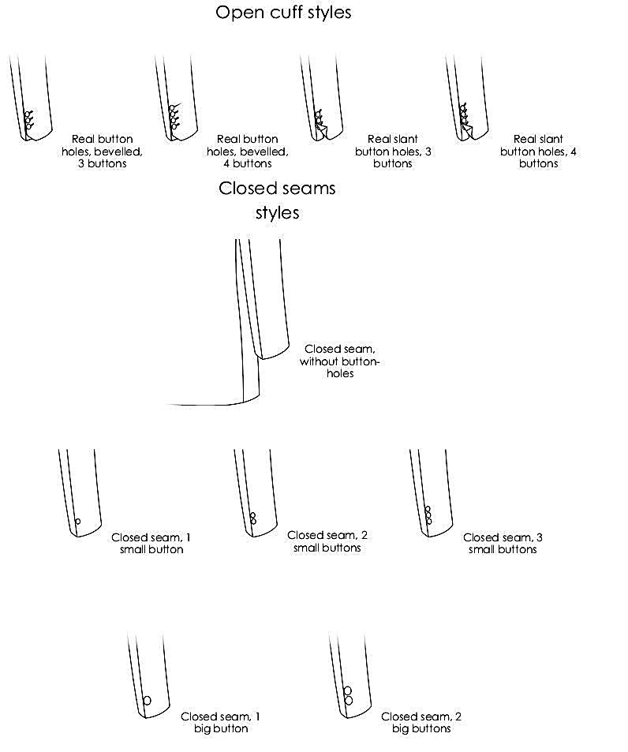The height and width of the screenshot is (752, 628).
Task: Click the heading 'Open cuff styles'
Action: click(283, 13)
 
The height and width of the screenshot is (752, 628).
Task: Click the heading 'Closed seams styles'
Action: click(277, 200)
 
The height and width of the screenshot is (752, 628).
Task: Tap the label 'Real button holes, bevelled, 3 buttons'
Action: click(102, 152)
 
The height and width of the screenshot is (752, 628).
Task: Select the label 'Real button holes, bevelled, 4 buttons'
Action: click(247, 152)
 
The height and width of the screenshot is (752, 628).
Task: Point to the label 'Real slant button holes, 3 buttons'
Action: click(393, 152)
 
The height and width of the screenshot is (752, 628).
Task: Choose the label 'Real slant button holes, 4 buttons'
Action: click(538, 152)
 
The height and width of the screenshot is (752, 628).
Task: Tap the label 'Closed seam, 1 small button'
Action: click(151, 544)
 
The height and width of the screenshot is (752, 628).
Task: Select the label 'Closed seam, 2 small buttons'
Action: click(327, 541)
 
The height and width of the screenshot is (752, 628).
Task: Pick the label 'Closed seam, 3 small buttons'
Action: click(503, 544)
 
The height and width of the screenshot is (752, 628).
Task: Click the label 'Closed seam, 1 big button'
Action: click(221, 723)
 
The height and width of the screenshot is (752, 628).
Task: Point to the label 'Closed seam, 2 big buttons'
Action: click(421, 723)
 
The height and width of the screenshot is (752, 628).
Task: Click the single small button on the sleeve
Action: click(77, 521)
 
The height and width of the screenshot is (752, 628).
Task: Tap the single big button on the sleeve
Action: click(147, 700)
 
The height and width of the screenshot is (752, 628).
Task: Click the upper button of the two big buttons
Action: click(347, 691)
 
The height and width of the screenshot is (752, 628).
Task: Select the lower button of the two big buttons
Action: click(348, 701)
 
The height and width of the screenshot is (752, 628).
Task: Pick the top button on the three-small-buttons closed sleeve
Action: click(428, 509)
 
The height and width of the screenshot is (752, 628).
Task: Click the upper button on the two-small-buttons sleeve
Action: click(252, 515)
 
